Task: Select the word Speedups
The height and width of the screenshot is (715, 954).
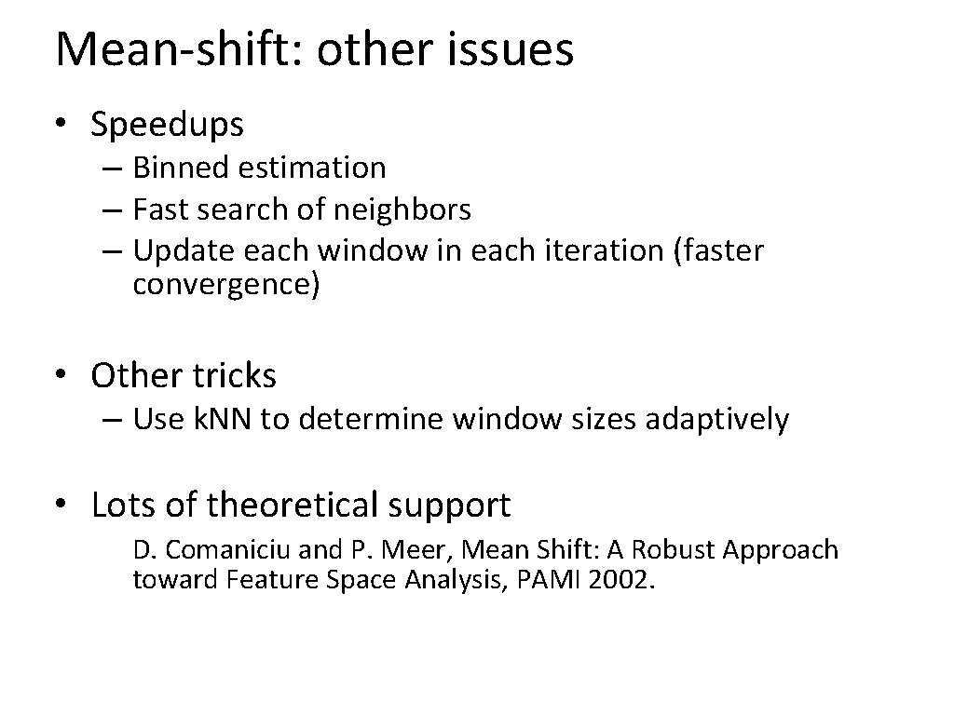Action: click(168, 124)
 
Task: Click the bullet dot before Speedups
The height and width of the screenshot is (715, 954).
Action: click(61, 124)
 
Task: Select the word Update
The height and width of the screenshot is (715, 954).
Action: click(184, 251)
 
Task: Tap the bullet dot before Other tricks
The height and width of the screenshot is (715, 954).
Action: click(61, 376)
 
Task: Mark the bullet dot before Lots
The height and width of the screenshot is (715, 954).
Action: click(61, 506)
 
